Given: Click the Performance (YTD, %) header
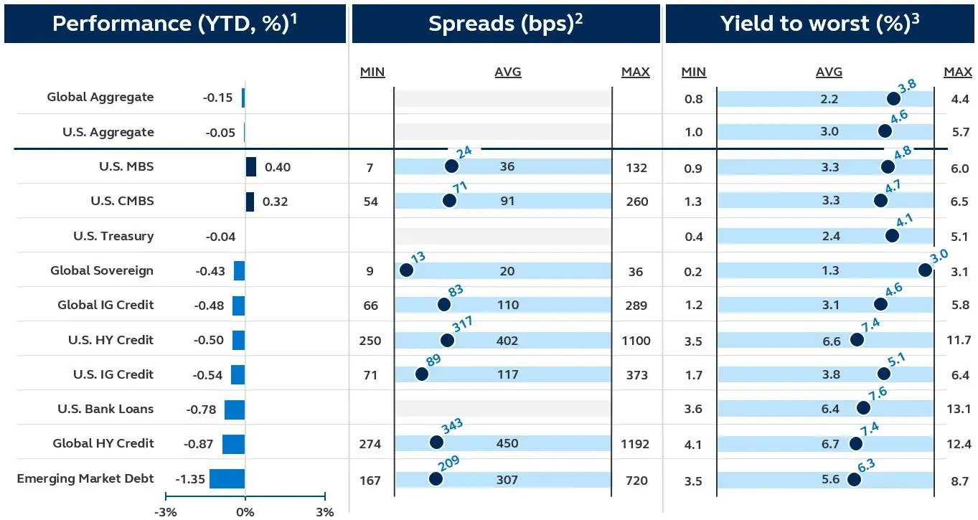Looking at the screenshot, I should [x=174, y=24].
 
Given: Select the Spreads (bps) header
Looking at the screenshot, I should [x=505, y=24].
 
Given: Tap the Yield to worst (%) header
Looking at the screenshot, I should [x=819, y=24].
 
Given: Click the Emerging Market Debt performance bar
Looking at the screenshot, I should [x=227, y=478].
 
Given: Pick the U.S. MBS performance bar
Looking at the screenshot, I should [x=251, y=167].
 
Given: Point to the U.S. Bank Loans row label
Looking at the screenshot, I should [x=105, y=409].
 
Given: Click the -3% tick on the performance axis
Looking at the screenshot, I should [x=166, y=511].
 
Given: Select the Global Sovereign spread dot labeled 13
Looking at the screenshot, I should [x=406, y=270].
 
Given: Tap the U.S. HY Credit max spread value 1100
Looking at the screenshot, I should [x=635, y=341].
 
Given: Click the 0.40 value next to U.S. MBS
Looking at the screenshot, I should [x=278, y=167].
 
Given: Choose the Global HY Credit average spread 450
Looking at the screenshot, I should [x=507, y=444].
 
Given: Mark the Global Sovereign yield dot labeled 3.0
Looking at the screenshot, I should [x=925, y=270].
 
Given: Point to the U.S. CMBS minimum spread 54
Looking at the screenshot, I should [x=370, y=202].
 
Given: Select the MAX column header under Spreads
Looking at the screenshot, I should [x=635, y=72].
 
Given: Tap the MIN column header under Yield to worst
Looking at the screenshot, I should [x=693, y=72].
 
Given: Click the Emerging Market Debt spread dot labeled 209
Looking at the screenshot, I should [x=435, y=478].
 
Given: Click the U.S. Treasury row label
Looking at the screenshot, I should [x=113, y=236].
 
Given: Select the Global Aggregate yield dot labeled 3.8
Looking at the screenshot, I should [x=893, y=99].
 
